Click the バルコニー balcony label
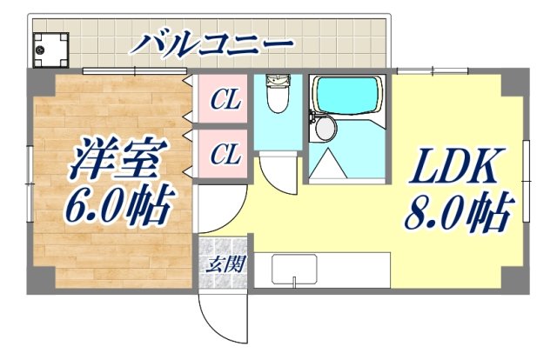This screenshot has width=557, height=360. click(x=212, y=42)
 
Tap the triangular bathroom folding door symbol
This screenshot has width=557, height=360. click(x=331, y=163)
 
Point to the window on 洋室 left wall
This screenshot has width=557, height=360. click(x=29, y=174)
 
